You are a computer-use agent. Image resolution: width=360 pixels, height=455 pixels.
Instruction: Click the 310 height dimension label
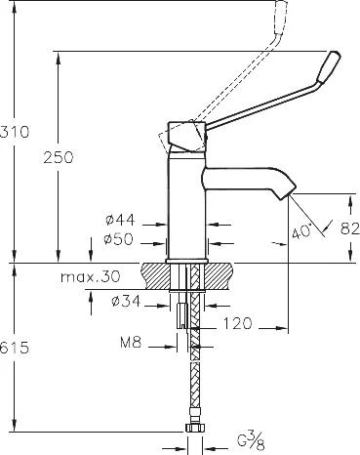pos(15,132)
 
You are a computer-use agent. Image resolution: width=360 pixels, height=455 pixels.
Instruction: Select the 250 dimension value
pos(59,157)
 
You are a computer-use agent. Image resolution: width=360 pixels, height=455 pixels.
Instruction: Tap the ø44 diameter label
pos(120,220)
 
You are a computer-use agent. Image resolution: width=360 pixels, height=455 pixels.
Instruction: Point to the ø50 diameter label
pos(118,239)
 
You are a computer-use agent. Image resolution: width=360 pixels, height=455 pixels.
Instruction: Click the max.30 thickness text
pos(91,277)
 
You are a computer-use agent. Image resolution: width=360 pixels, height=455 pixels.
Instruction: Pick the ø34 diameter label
pos(126,301)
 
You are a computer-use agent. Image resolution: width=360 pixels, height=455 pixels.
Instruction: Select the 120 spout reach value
pos(237,323)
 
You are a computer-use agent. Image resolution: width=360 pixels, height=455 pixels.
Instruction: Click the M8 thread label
pos(131,343)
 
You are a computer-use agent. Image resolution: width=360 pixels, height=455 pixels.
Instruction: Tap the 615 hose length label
pos(15,348)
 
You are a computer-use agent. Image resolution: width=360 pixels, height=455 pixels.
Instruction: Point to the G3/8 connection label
pos(251,440)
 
